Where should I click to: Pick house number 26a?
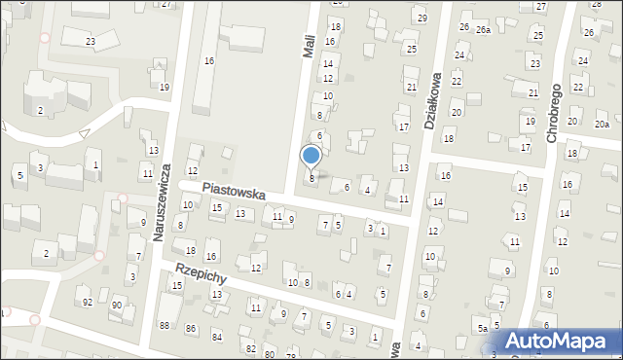coord(483,30)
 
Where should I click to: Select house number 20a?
coord(602,124)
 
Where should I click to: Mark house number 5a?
coord(481,329)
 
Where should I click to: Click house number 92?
coord(87,303)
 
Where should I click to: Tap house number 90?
coord(116,306)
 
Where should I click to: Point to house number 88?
coord(165,325)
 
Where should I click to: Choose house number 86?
coord(191,328)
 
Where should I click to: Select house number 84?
coord(216,337)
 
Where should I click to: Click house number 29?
coord(421,18)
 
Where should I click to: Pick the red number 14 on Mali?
coord(328,63)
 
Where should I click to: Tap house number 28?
coord(596,4)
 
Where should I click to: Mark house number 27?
coord(166,4)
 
